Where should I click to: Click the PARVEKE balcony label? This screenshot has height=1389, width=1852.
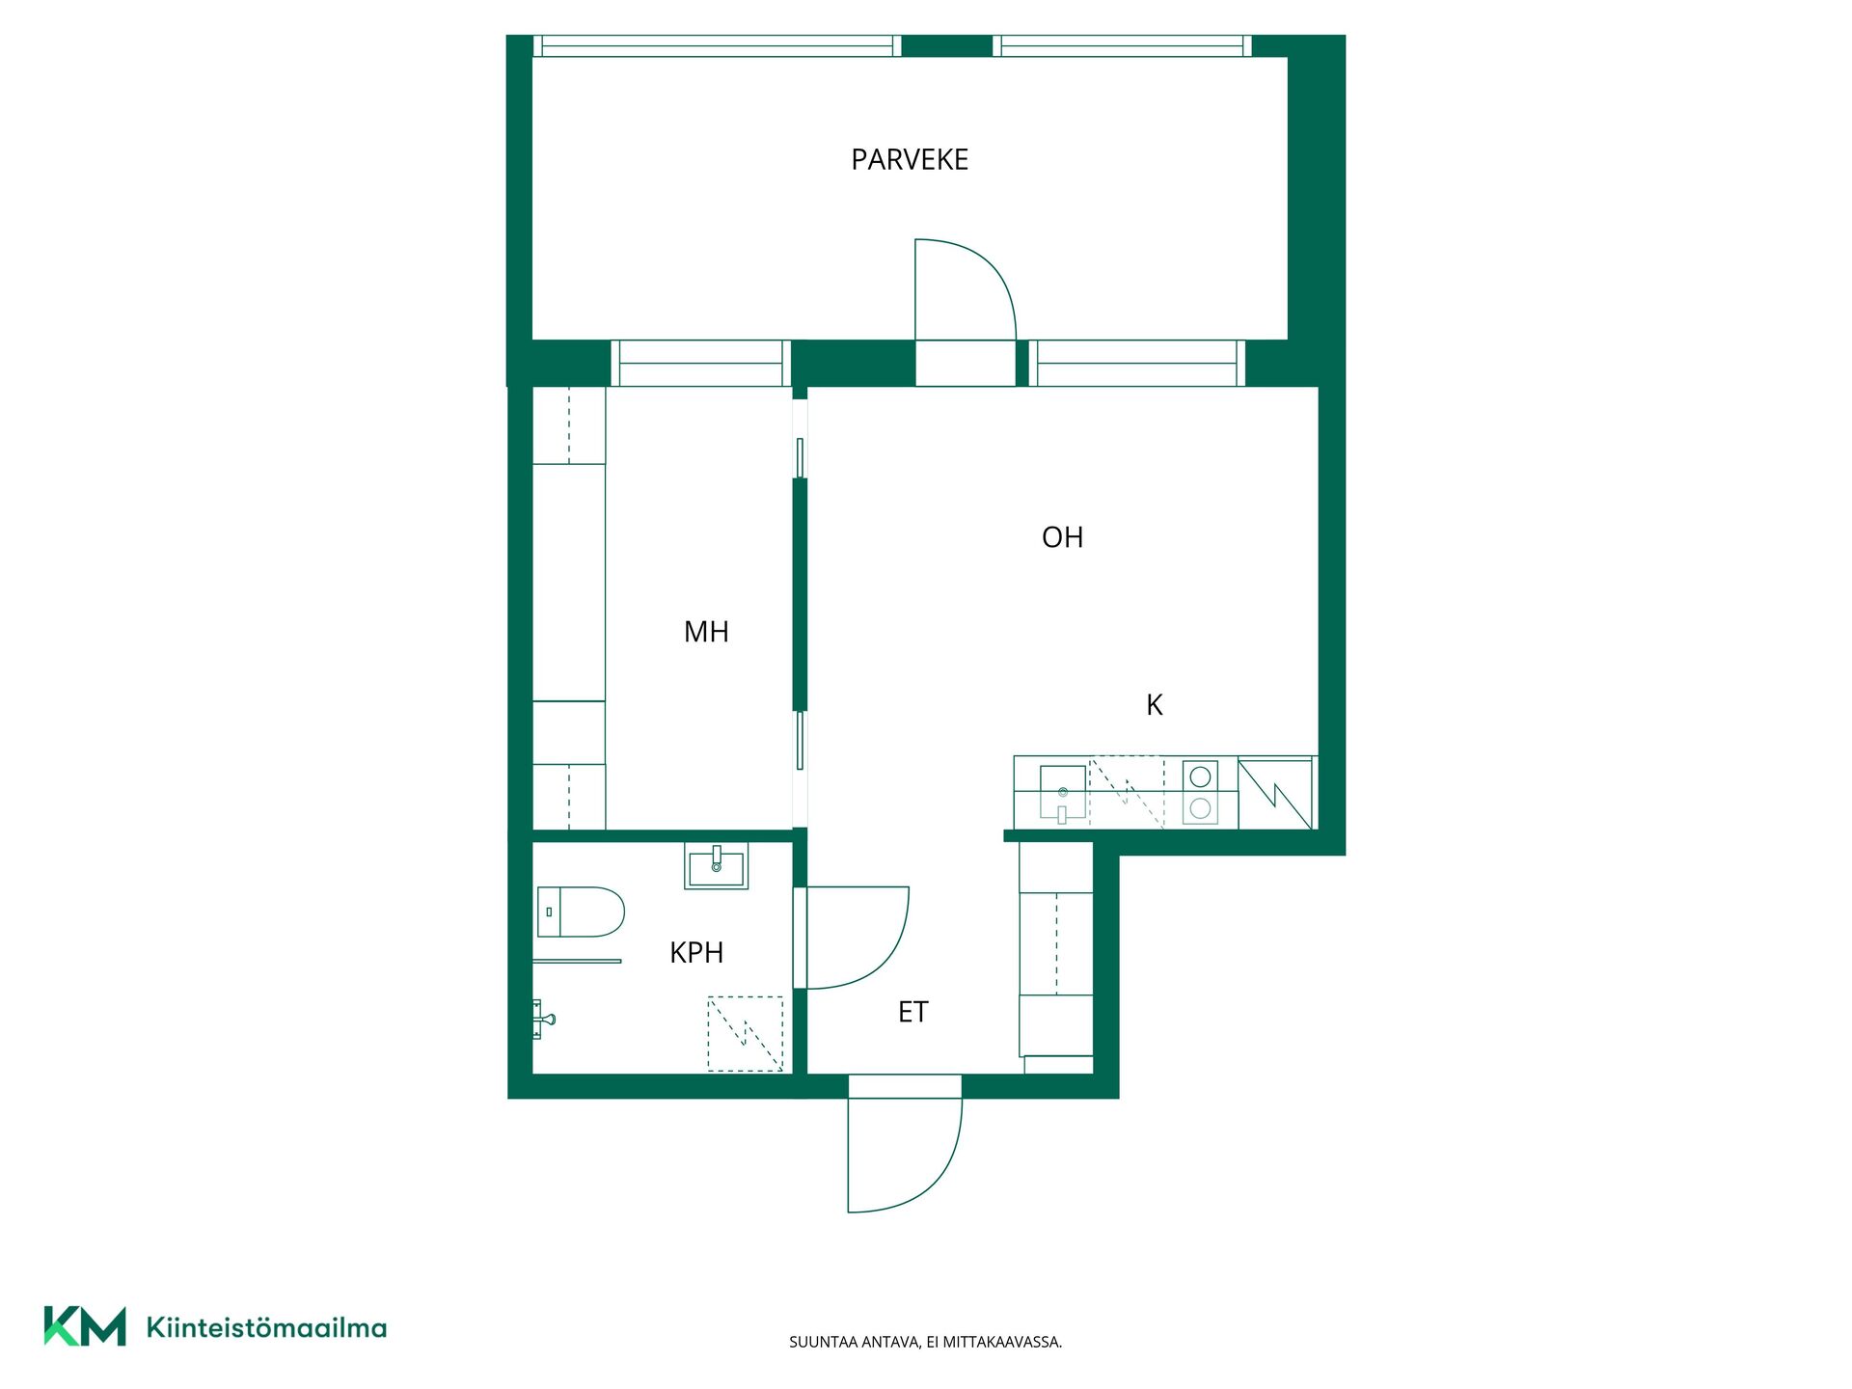pos(910,159)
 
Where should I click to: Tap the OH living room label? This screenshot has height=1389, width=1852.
pos(1062,537)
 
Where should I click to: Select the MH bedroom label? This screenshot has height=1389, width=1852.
pos(706,632)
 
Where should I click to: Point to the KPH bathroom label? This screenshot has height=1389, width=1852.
pos(696,953)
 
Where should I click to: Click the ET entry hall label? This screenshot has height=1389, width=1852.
pos(912,1012)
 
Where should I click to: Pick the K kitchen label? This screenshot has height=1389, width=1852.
pos(1155,705)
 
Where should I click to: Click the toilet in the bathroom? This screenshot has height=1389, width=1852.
pos(581,912)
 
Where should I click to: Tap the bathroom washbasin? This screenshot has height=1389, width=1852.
pos(716,865)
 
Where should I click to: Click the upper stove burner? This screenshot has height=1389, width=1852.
pos(1200,776)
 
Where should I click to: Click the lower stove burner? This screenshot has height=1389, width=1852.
pos(1200,808)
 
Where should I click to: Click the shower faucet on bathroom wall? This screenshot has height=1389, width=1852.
pos(542,1019)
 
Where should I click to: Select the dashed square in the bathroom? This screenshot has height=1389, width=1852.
pos(745,1033)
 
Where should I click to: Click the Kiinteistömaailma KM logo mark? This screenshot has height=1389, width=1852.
pos(85,1326)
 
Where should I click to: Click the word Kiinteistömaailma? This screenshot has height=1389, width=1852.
pos(266,1327)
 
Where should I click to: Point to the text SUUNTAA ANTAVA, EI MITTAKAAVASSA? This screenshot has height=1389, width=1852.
pos(925,1342)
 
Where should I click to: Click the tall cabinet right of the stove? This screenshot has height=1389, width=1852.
pos(1275,793)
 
